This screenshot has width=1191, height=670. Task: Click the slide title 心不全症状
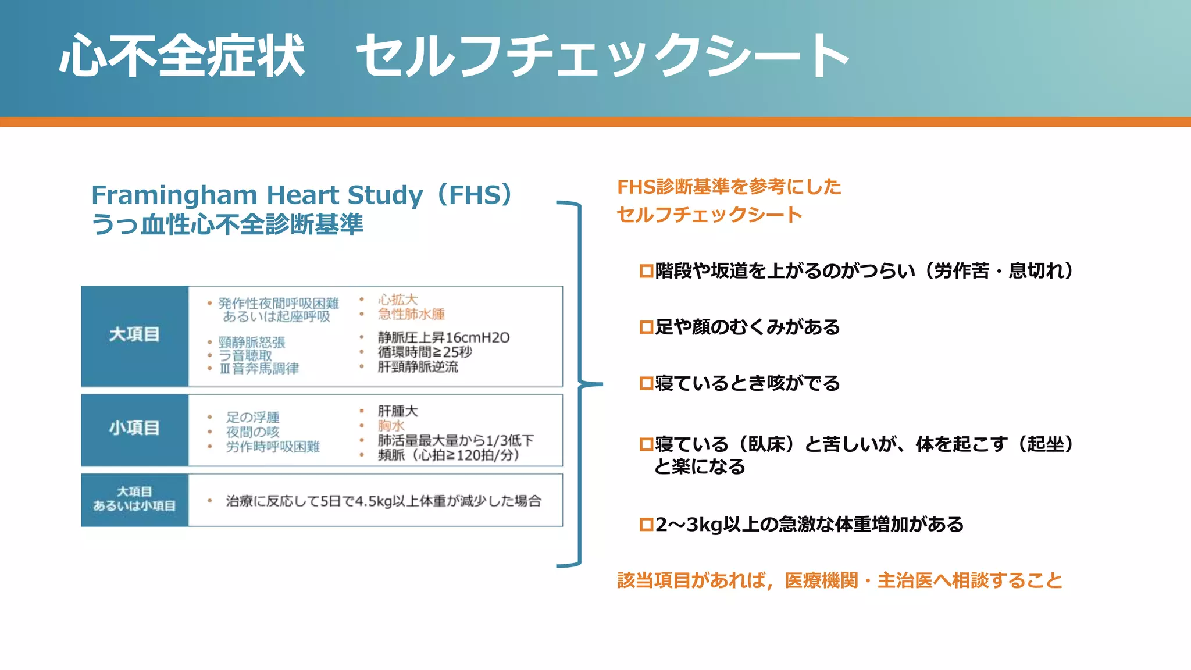(x=181, y=56)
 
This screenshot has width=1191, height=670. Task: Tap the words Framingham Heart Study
(x=257, y=195)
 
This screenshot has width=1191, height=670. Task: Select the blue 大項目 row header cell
(x=134, y=336)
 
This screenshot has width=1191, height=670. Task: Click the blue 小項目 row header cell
(x=134, y=429)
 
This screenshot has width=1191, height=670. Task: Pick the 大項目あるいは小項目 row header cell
(x=134, y=500)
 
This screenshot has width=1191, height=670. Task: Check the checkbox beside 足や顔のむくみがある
(x=646, y=327)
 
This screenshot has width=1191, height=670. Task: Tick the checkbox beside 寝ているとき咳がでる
(x=646, y=384)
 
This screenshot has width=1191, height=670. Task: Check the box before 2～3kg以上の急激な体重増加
(x=646, y=525)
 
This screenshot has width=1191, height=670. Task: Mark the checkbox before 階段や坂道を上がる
(x=646, y=271)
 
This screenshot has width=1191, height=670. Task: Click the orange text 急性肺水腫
(x=411, y=315)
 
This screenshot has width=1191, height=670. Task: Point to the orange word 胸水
(x=391, y=426)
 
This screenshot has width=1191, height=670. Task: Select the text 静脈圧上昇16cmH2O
(x=443, y=338)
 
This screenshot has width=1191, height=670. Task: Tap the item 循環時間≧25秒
(x=425, y=352)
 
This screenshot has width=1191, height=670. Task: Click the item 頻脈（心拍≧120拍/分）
(x=448, y=455)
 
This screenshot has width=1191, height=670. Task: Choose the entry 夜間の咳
(x=252, y=432)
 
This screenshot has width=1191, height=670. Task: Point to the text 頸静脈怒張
(x=252, y=343)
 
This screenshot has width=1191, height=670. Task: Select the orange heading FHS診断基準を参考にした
(x=729, y=187)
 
